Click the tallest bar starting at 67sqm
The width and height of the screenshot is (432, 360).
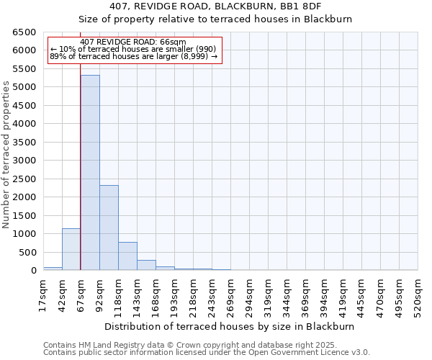coord(90,173)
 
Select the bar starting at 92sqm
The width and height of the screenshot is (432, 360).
coord(109,228)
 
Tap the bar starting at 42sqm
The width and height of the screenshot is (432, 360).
coord(71,249)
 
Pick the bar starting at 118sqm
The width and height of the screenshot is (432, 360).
coord(127,256)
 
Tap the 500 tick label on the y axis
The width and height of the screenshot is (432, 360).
coord(28,253)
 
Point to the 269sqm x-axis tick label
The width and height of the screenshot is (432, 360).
coord(230,295)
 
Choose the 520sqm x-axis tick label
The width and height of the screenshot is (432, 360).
coord(418,295)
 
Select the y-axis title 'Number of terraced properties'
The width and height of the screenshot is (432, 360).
coord(6,155)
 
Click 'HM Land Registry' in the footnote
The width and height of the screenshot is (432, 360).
coord(99,345)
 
